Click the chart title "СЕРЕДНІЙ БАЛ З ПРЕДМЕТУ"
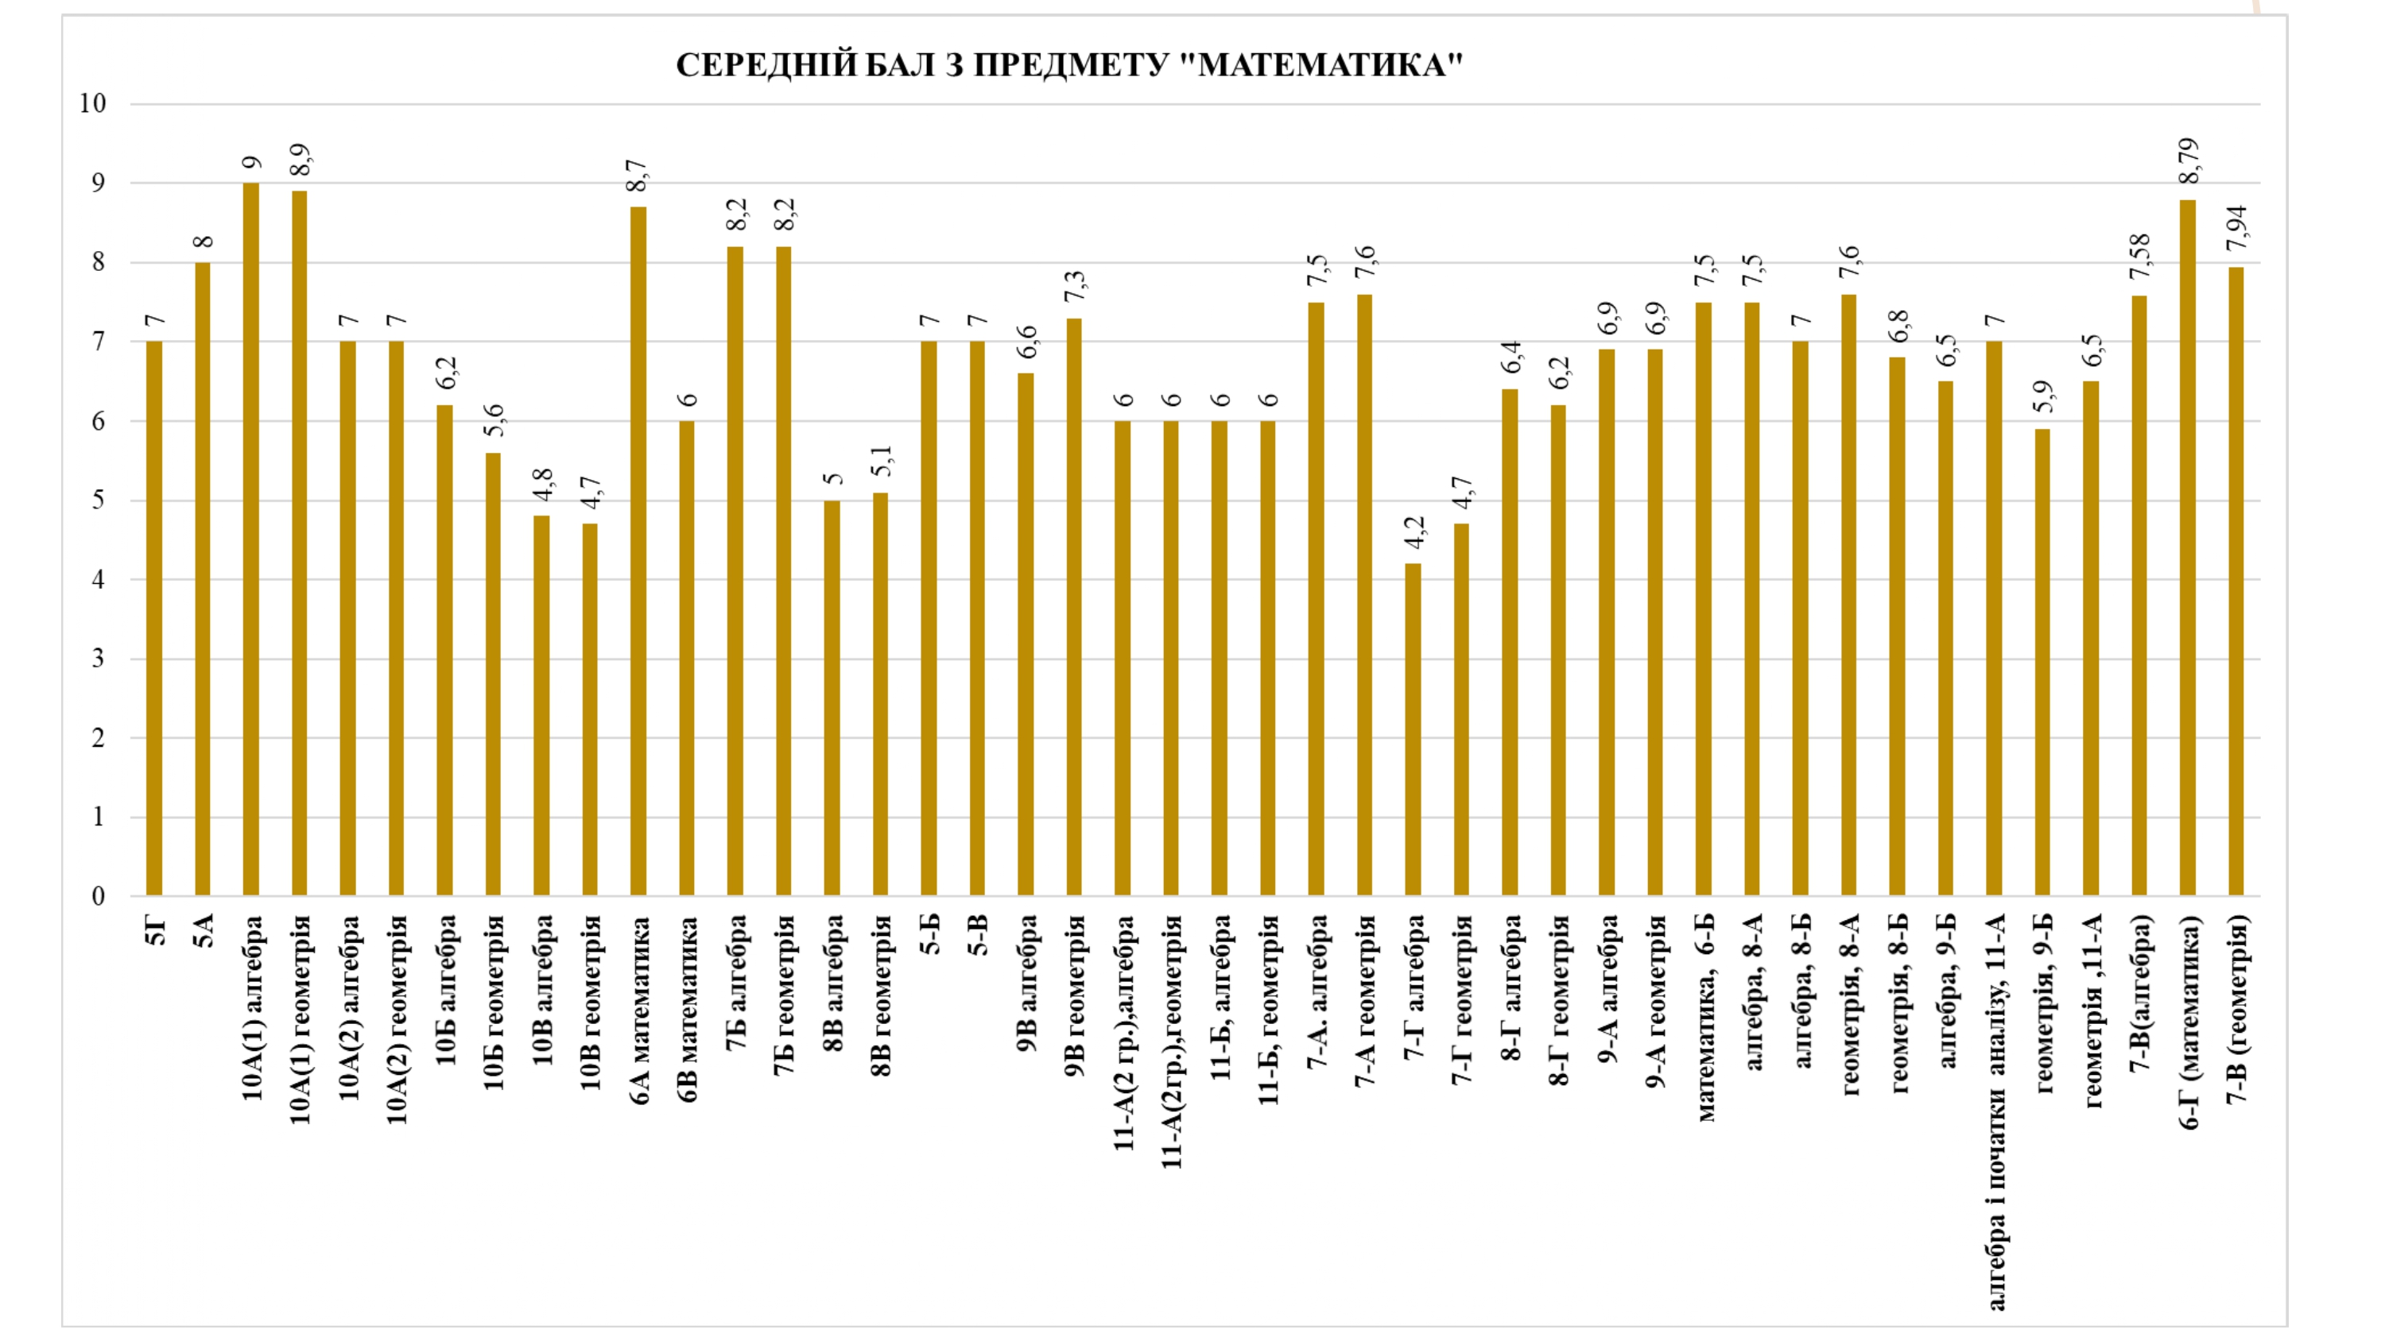pyautogui.click(x=1068, y=66)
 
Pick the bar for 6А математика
pyautogui.click(x=638, y=551)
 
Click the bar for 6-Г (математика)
pyautogui.click(x=2188, y=548)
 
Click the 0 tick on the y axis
pyautogui.click(x=98, y=896)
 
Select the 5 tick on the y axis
pyautogui.click(x=98, y=500)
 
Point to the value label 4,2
pyautogui.click(x=1414, y=533)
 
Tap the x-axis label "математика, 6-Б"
pyautogui.click(x=1704, y=1017)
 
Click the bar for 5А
pyautogui.click(x=203, y=579)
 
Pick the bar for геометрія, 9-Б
pyautogui.click(x=2042, y=663)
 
